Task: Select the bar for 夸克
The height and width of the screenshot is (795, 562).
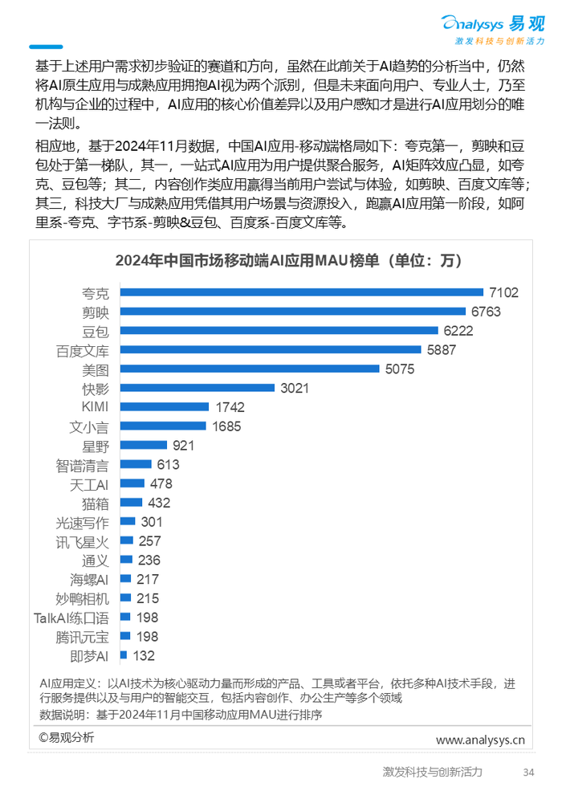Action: click(301, 292)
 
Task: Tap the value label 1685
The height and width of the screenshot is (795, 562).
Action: click(226, 426)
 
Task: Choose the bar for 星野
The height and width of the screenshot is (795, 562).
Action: click(144, 446)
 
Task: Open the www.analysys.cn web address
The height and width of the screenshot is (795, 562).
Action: click(480, 740)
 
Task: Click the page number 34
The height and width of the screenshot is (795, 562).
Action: click(527, 773)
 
